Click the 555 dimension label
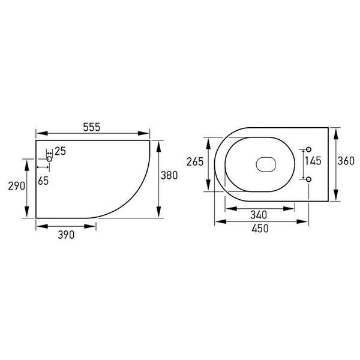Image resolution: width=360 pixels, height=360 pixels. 92,127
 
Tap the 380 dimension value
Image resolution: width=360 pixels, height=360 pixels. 169,175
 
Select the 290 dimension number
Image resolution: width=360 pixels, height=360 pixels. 17,186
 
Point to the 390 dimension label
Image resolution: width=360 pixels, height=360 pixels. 66,235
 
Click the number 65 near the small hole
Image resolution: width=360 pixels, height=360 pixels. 43,181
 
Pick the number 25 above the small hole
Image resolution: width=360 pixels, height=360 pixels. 60,151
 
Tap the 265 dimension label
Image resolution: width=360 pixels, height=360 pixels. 195,161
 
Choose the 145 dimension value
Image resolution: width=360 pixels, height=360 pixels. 313,161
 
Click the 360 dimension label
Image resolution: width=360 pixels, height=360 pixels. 346,161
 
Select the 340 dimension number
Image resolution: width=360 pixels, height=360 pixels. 259,215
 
